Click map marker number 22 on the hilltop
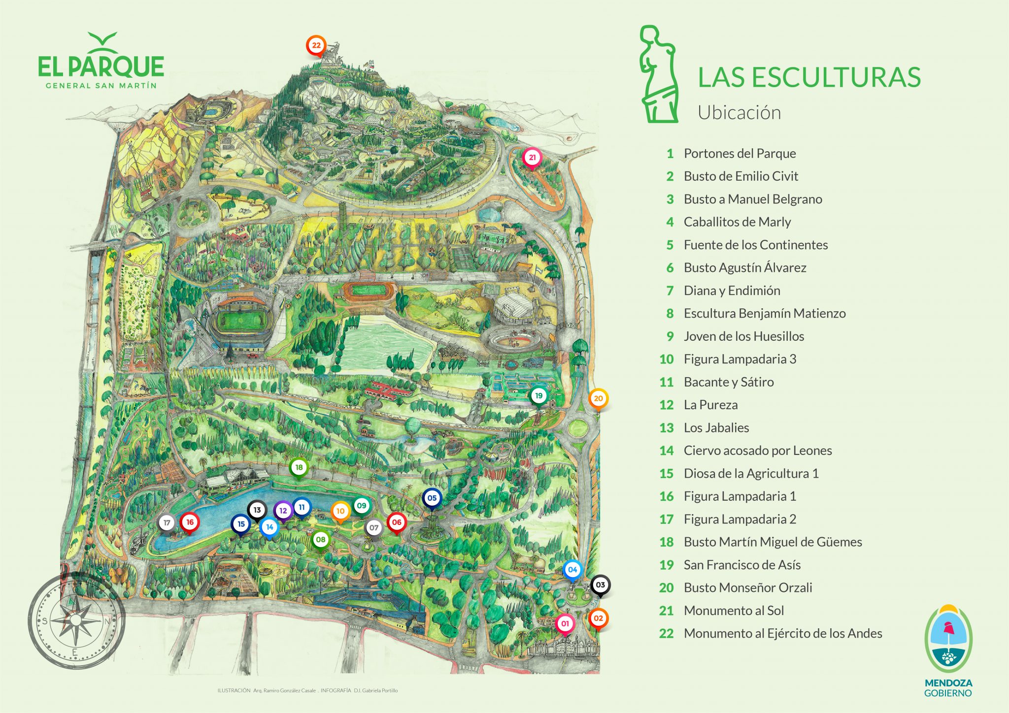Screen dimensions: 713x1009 click(316, 45)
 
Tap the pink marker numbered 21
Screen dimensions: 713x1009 click(532, 158)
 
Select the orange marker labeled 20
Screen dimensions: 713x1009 click(598, 398)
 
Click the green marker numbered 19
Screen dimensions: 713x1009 click(538, 395)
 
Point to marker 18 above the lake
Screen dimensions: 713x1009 click(299, 467)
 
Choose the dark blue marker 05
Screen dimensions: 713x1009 click(432, 498)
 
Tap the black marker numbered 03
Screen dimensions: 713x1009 click(600, 585)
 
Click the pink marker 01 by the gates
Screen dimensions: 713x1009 click(565, 623)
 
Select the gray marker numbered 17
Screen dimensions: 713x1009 click(167, 522)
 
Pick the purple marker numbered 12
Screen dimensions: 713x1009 click(283, 511)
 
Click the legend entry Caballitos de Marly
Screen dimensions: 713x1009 click(737, 222)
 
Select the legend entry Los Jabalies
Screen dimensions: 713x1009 click(716, 428)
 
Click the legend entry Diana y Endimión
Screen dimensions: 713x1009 click(732, 291)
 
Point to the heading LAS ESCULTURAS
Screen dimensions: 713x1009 click(809, 77)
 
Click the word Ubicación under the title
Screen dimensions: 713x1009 click(739, 113)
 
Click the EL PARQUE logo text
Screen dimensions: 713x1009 click(101, 66)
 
